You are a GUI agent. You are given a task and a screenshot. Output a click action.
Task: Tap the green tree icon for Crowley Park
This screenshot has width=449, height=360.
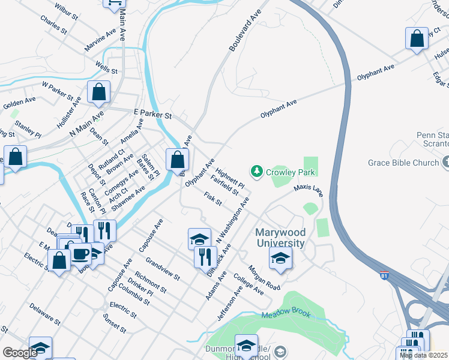coord(258,172)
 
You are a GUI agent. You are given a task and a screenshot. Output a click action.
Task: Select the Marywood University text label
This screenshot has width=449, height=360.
coord(280,238)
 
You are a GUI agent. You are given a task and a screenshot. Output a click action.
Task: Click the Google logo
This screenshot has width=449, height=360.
coord(20,352)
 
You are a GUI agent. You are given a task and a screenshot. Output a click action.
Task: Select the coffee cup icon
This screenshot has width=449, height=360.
coord(79,254)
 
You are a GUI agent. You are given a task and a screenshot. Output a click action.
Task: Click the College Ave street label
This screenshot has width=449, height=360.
coord(249,284)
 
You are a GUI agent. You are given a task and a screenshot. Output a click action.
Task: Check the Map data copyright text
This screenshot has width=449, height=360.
coord(424,355)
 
